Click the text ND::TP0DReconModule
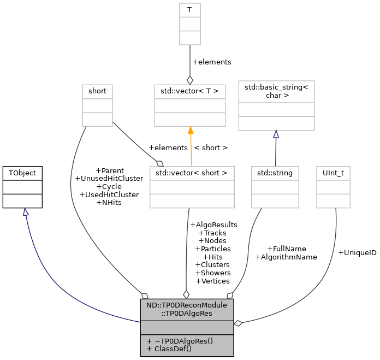187,305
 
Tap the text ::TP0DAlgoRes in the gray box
187,314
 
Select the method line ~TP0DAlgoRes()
180,340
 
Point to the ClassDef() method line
169,349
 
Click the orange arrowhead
191,131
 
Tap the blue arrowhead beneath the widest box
276,134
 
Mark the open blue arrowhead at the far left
25,212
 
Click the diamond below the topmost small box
190,80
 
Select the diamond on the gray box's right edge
238,323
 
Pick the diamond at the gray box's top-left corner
144,296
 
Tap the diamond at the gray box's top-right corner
230,296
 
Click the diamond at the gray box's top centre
186,294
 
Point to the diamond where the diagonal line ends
159,163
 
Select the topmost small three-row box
190,24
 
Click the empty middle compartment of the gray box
187,328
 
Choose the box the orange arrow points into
190,105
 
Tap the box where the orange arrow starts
192,187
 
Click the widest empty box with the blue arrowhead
276,105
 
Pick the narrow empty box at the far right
333,187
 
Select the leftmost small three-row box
97,105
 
